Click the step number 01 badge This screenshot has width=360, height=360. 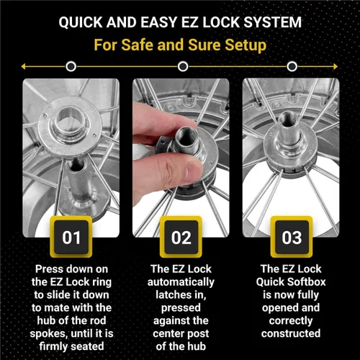[70, 238]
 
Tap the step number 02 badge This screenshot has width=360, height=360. [180, 238]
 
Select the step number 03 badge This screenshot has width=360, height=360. [289, 238]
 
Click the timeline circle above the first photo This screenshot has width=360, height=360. [71, 66]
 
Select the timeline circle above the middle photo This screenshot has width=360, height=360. [180, 66]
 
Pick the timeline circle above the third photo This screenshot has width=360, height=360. [289, 66]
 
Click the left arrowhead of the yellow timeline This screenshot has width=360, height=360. [24, 66]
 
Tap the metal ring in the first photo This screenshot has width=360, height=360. [71, 116]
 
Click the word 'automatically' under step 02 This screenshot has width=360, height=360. [180, 282]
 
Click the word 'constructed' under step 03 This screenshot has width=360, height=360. [290, 333]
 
